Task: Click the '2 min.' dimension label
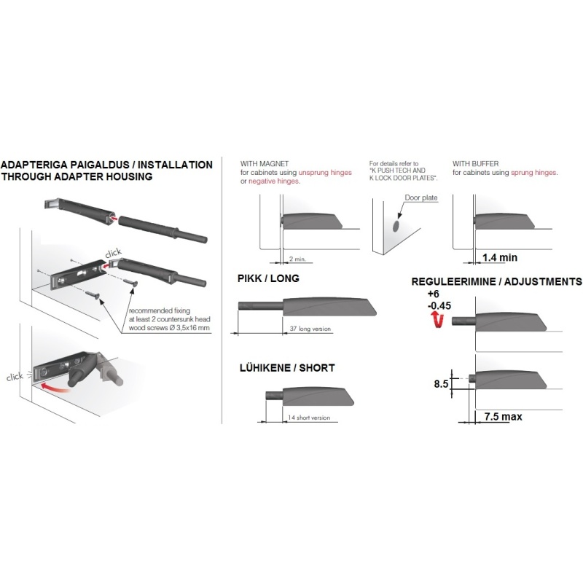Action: click(x=297, y=259)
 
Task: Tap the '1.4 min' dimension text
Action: click(x=500, y=257)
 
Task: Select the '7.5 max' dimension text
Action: click(x=503, y=416)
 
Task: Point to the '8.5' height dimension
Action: click(x=442, y=384)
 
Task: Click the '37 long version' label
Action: click(x=310, y=329)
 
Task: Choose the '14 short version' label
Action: click(x=308, y=418)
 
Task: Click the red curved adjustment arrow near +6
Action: click(x=438, y=320)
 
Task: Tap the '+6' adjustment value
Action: click(x=433, y=294)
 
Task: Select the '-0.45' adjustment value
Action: click(x=439, y=305)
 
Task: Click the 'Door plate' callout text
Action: click(x=421, y=197)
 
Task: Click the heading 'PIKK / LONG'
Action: click(x=268, y=278)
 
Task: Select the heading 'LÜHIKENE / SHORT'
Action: click(x=287, y=368)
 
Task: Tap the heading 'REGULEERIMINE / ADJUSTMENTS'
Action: click(x=497, y=281)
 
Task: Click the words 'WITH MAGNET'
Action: click(x=265, y=163)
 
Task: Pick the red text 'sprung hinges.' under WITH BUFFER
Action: click(x=534, y=173)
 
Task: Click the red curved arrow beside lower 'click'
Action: click(x=55, y=388)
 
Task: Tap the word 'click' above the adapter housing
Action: click(x=114, y=253)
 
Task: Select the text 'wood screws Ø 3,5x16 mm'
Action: click(x=169, y=328)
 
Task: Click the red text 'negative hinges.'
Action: click(x=275, y=181)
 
